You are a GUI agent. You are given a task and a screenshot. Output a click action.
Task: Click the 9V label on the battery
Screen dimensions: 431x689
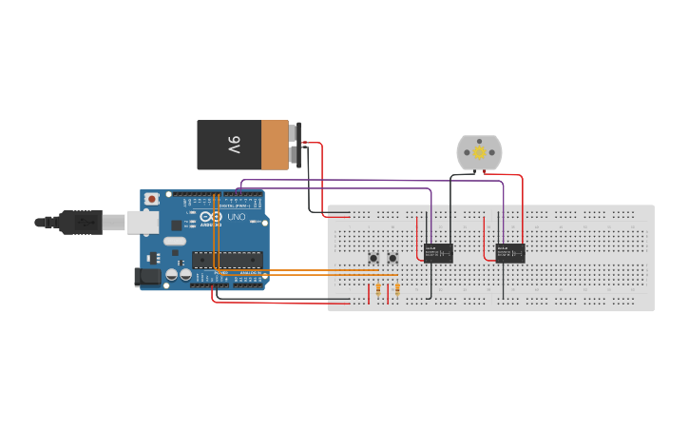(234, 145)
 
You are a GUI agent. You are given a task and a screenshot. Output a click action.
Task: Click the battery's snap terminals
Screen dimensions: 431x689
(296, 145)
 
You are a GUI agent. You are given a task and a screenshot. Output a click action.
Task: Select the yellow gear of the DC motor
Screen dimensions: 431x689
(479, 152)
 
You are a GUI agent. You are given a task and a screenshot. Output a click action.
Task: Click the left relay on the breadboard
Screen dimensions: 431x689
(438, 252)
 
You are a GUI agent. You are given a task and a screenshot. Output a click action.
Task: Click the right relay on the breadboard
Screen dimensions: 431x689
(510, 252)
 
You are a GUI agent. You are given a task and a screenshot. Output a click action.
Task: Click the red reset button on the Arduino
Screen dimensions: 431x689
(151, 199)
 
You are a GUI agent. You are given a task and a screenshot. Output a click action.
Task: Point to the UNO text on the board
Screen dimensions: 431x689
(234, 218)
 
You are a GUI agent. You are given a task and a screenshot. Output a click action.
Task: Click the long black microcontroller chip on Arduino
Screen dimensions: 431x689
(226, 259)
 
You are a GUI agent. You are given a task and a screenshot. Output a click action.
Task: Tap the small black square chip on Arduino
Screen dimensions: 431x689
(176, 225)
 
